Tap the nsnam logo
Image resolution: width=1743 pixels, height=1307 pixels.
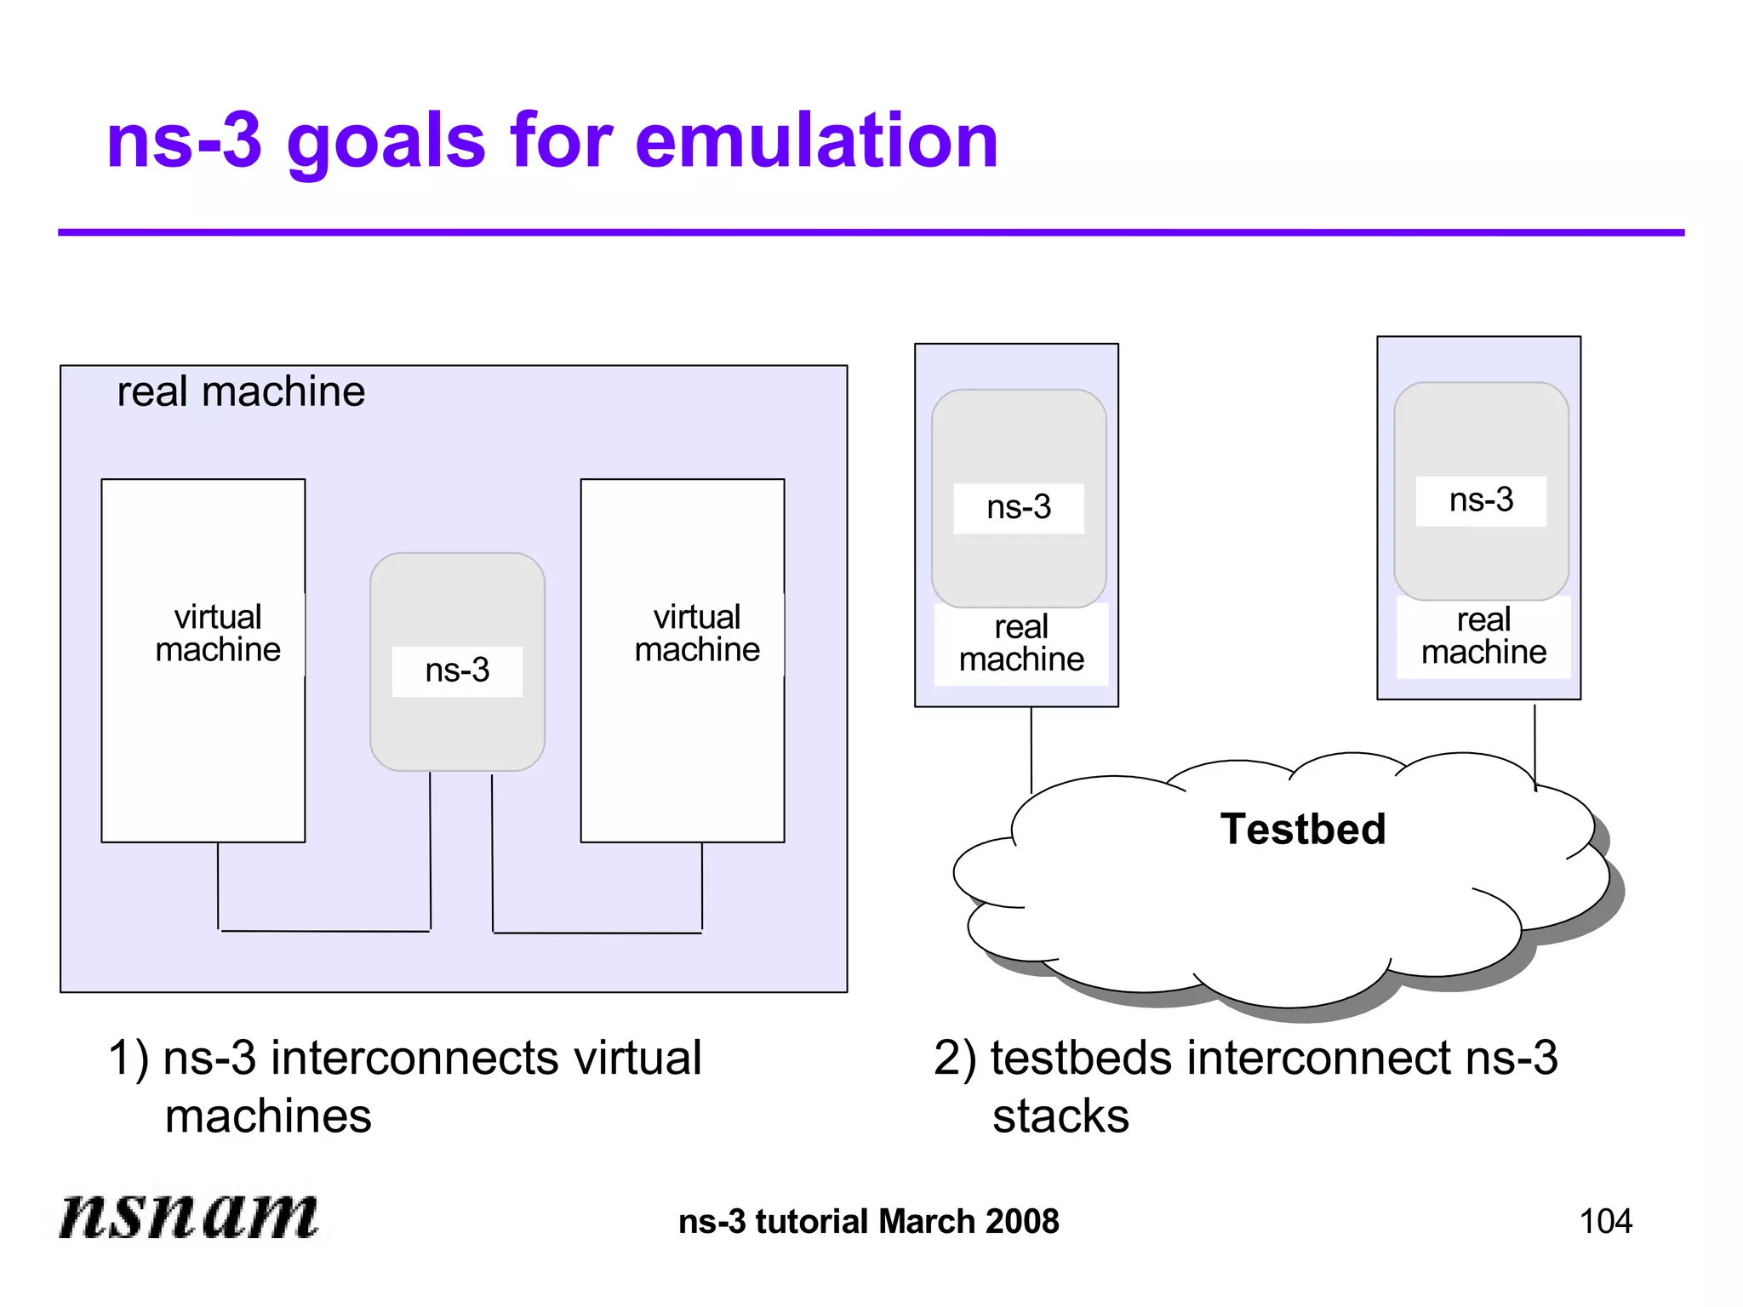pos(189,1215)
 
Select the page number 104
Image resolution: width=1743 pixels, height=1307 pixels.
pos(1605,1222)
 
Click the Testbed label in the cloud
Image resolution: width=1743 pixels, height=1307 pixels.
pos(1303,830)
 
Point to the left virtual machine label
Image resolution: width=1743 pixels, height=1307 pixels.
pos(218,633)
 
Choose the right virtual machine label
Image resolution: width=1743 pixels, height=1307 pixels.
pos(697,633)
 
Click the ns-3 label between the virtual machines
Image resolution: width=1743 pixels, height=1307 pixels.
pos(457,671)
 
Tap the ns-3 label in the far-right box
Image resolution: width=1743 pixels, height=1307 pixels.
pos(1481,500)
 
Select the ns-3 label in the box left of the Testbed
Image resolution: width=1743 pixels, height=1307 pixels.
pos(1019,508)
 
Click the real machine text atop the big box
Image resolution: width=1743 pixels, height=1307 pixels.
pos(241,392)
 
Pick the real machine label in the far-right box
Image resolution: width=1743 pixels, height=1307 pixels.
pos(1483,636)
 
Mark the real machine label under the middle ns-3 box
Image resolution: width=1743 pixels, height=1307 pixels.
pos(1021,643)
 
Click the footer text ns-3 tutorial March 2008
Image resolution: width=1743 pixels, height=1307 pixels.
pos(868,1222)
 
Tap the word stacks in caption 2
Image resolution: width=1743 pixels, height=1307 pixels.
pos(1060,1116)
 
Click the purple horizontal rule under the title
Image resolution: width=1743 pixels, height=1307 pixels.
pos(871,232)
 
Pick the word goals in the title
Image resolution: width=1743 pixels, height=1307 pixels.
pos(386,143)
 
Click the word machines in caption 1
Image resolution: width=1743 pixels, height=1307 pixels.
pos(268,1116)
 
